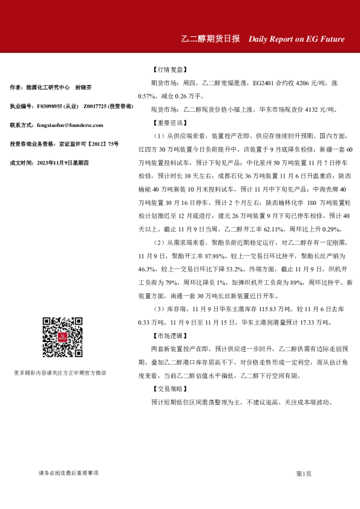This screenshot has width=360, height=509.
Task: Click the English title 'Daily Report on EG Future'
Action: click(296, 39)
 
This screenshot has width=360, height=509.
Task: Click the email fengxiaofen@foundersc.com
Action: click(70, 125)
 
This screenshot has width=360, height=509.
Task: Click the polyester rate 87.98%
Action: click(227, 256)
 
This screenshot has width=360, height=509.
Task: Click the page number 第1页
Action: click(304, 473)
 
